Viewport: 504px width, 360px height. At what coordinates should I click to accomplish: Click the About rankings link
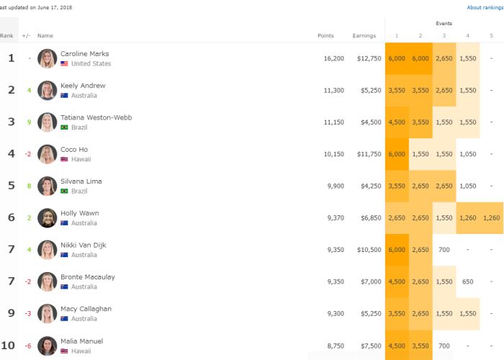[485, 8]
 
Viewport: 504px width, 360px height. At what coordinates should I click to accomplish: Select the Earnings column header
[364, 35]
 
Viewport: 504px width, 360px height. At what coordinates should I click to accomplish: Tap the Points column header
[325, 35]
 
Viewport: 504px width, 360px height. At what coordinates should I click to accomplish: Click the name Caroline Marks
[84, 54]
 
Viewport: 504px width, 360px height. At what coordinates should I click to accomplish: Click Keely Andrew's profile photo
[48, 91]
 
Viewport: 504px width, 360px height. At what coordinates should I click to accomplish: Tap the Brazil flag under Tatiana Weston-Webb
[64, 127]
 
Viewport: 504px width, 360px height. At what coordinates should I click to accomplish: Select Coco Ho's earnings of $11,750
[367, 154]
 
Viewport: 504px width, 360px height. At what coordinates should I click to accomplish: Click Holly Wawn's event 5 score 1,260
[492, 217]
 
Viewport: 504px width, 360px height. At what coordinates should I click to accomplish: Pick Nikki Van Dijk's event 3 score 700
[444, 249]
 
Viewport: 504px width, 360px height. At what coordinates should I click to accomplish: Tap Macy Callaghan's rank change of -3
[28, 313]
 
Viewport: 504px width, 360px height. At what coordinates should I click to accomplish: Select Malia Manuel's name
[81, 341]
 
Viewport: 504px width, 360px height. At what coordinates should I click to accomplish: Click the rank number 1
[11, 58]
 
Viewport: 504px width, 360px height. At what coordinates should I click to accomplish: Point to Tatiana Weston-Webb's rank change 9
[29, 122]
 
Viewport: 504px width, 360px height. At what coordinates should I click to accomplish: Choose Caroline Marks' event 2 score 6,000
[420, 58]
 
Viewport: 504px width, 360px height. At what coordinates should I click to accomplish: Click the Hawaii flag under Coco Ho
[64, 159]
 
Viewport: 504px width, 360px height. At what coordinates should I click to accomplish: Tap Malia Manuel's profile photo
[48, 346]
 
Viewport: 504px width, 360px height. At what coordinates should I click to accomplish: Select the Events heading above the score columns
[444, 23]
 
